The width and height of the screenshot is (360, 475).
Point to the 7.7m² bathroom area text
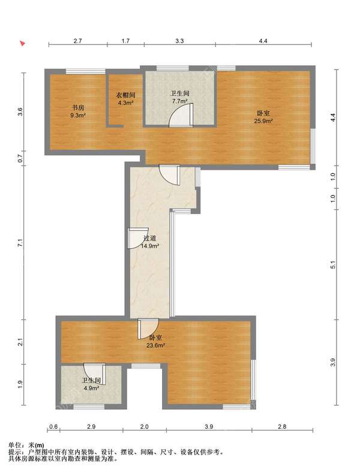point(179,101)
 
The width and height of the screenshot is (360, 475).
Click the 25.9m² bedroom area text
point(263,121)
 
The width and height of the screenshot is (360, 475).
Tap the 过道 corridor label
point(149,239)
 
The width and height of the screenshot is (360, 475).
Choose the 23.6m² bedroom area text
point(155,345)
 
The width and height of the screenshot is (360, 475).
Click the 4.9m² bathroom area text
point(91,388)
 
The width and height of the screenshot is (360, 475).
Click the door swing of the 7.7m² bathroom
point(181,115)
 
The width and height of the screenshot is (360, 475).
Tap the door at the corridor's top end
point(170,175)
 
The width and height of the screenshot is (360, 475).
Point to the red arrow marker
point(22,43)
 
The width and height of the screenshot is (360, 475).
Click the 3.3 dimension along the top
point(179,41)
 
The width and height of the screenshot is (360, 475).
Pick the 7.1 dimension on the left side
point(20,243)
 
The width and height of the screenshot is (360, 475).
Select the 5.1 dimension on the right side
point(333,264)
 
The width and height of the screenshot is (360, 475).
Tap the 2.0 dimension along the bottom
point(145,426)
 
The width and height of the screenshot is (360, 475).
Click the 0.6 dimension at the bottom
point(53,426)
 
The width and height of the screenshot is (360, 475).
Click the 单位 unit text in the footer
point(14,445)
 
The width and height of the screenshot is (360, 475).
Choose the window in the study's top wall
point(86,71)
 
